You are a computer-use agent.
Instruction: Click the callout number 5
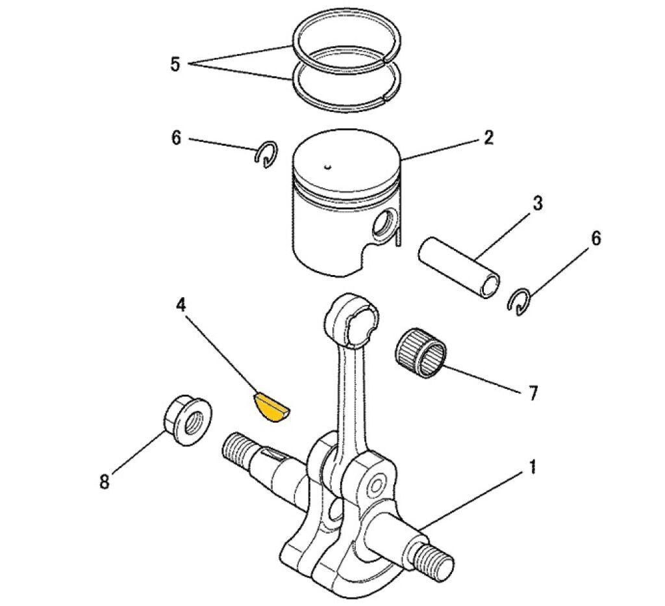[175, 64]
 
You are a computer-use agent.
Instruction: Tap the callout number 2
[488, 137]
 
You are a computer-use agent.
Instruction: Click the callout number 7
[533, 393]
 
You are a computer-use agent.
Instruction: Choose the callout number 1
[532, 467]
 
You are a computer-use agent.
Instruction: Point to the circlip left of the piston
[266, 154]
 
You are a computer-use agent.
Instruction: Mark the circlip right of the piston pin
[520, 301]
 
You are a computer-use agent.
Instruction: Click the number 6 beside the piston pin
[595, 239]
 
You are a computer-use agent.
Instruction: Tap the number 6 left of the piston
[176, 138]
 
